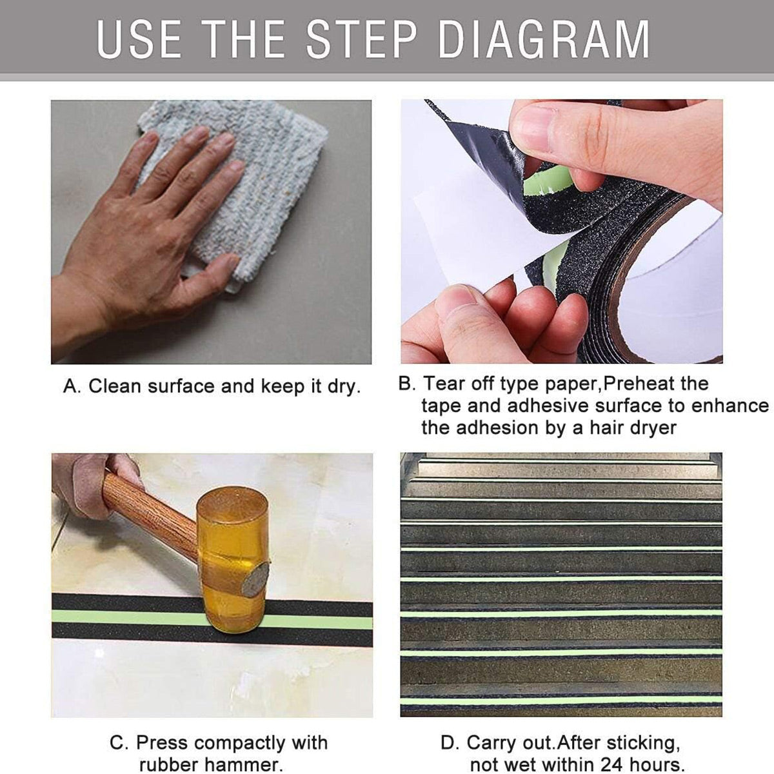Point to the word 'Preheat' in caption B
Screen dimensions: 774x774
pyautogui.click(x=639, y=384)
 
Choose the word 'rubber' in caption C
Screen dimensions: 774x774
pyautogui.click(x=170, y=765)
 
